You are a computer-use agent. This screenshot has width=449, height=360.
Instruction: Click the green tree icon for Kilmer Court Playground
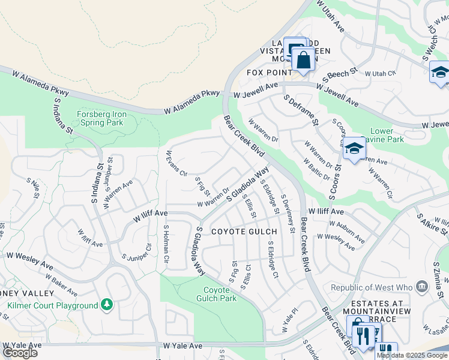(x=107, y=305)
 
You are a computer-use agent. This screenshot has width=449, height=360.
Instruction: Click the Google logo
(x=20, y=352)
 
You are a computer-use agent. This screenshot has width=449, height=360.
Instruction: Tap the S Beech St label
(x=340, y=74)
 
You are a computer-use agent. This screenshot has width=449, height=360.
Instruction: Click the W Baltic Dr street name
(x=316, y=169)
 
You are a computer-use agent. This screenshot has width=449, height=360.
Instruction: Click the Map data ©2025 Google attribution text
(x=412, y=355)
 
